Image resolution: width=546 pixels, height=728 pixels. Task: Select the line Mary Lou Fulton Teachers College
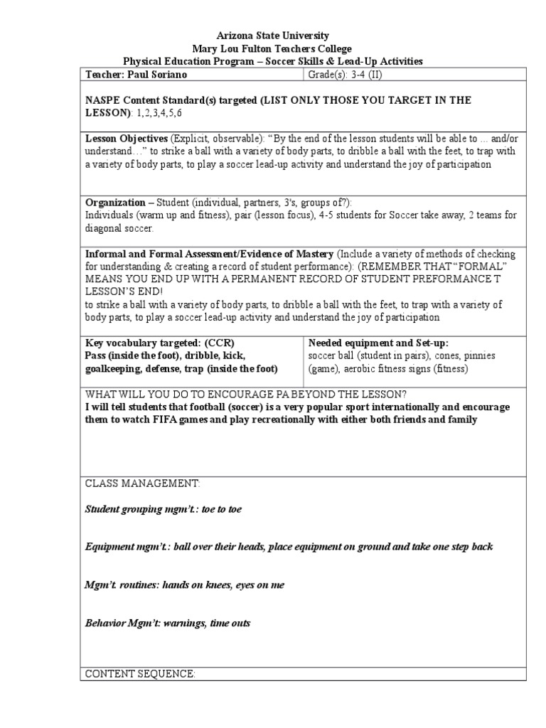click(x=273, y=49)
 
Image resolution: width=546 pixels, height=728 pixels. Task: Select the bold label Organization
click(x=114, y=203)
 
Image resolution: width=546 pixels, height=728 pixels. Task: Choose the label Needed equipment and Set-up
click(x=378, y=343)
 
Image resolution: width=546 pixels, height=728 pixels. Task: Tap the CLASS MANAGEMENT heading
click(x=143, y=483)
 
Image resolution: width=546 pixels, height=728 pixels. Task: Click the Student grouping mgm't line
click(x=167, y=509)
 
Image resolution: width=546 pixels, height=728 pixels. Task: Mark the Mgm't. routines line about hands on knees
click(x=184, y=585)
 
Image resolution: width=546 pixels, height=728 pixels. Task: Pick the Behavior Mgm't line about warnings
click(x=167, y=623)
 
